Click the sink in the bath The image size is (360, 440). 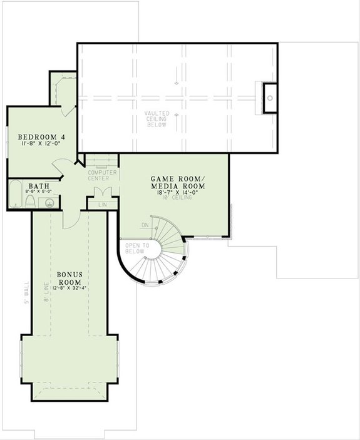click(51, 202)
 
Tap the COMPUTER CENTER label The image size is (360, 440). click(102, 175)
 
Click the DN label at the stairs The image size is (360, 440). click(145, 225)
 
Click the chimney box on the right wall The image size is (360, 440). click(270, 98)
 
